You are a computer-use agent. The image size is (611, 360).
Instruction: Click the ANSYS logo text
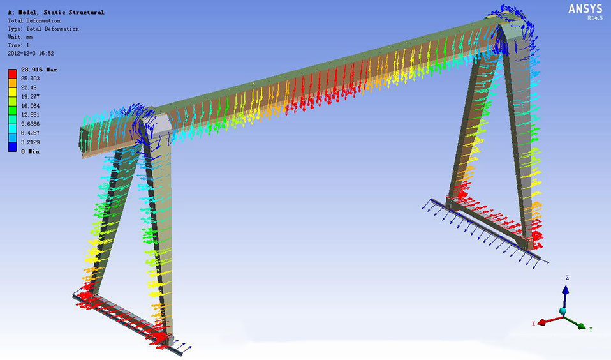pyautogui.click(x=585, y=8)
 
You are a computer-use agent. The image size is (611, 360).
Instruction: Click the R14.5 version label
pyautogui.click(x=595, y=18)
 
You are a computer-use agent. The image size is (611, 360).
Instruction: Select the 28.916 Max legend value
pyautogui.click(x=38, y=70)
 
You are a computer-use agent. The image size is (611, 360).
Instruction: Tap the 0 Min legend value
pyautogui.click(x=30, y=151)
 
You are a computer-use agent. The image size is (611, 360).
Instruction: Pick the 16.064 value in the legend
pyautogui.click(x=30, y=106)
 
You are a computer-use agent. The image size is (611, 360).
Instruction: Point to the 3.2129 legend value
pyautogui.click(x=30, y=142)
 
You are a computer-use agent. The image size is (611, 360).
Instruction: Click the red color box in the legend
pyautogui.click(x=13, y=73)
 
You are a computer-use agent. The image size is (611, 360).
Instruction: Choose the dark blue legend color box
pyautogui.click(x=13, y=147)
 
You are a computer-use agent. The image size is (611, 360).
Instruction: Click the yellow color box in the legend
pyautogui.click(x=13, y=92)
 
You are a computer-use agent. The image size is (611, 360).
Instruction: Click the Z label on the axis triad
pyautogui.click(x=568, y=278)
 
